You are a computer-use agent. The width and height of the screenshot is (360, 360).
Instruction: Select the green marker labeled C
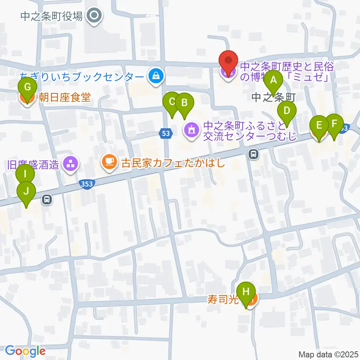[172, 102]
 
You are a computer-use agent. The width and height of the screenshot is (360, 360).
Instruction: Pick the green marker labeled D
[287, 111]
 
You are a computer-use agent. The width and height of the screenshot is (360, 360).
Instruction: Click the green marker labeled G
[27, 87]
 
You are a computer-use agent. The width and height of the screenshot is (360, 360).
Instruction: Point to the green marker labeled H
[246, 292]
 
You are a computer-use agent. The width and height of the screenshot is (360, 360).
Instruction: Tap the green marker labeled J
[26, 192]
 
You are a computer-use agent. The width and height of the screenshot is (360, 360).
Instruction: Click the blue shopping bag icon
[154, 76]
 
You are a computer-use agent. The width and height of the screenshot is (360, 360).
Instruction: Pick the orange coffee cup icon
[109, 162]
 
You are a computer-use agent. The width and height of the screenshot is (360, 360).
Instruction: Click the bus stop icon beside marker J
[47, 199]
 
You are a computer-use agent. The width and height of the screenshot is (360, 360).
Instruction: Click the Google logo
[25, 351]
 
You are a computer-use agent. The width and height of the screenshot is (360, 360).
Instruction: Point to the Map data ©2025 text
[328, 354]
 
